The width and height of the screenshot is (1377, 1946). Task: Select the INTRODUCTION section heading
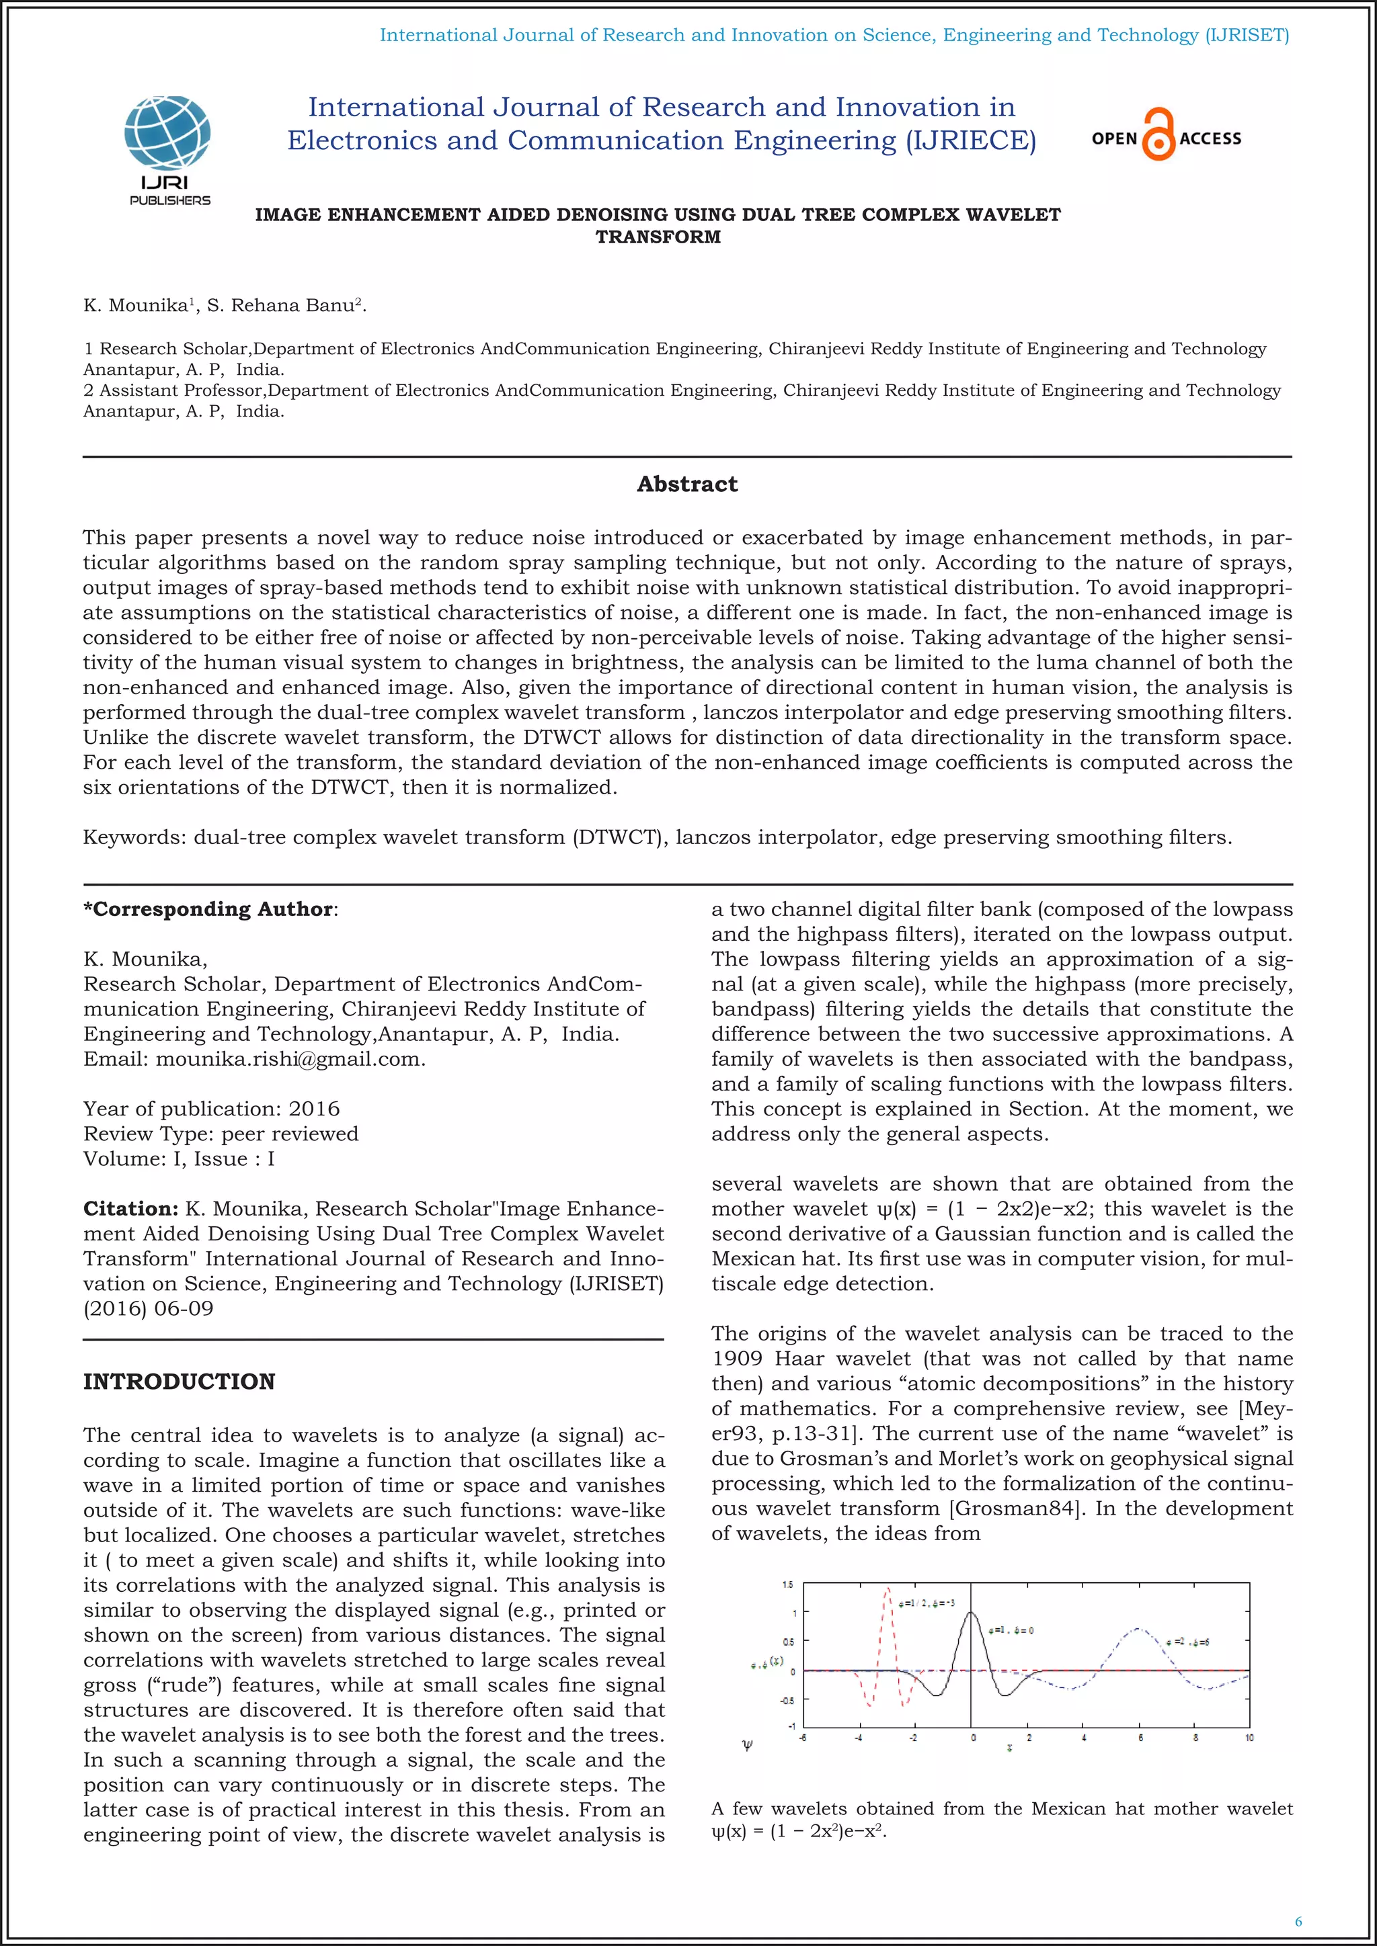tap(179, 1382)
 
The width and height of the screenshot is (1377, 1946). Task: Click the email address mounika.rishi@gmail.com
tap(289, 1060)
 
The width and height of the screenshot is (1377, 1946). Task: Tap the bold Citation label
tap(130, 1209)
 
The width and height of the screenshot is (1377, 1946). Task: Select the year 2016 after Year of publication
tap(314, 1109)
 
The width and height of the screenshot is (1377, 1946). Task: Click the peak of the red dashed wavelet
tap(888, 1590)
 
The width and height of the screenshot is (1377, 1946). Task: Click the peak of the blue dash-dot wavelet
tap(1138, 1628)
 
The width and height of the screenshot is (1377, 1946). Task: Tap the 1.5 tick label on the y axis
tap(788, 1584)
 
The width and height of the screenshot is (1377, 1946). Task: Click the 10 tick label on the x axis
tap(1249, 1738)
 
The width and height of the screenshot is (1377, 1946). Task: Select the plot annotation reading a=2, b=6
tap(1187, 1642)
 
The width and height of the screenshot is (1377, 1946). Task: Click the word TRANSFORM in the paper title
tap(658, 237)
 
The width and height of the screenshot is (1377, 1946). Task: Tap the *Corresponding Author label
tap(208, 909)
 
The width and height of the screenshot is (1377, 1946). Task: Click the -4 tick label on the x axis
tap(858, 1738)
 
